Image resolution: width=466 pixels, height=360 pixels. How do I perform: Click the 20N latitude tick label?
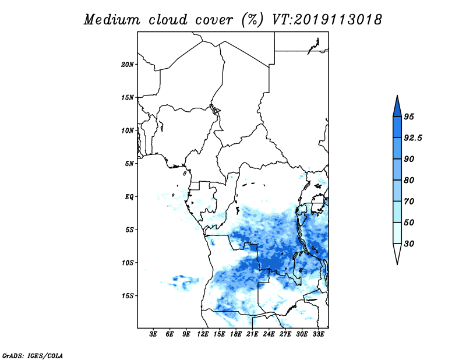coord(128,65)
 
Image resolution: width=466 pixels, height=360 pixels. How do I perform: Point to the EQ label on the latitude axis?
coord(129,197)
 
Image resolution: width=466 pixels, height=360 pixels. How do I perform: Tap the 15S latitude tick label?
coord(128,296)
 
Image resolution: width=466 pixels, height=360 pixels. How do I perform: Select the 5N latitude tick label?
coord(129,164)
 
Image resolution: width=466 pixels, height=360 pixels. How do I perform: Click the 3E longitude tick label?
coord(153,334)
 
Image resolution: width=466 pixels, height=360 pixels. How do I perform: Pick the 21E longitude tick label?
coord(252,334)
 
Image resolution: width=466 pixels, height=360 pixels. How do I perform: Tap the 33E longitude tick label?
coord(318,334)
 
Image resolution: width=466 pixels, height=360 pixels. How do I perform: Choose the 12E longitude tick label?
coord(203,334)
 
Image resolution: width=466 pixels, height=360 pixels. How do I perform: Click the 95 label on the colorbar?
coord(409,117)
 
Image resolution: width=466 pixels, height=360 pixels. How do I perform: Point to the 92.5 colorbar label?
coord(413,138)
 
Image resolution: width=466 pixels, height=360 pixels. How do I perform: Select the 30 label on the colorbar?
coord(409,243)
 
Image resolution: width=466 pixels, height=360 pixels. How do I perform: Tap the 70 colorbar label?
coord(409,201)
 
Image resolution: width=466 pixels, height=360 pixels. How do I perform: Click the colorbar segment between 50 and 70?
coord(397,212)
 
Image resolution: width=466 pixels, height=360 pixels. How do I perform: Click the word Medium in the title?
coord(112,20)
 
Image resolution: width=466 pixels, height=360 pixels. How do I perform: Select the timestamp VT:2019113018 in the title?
coord(327,20)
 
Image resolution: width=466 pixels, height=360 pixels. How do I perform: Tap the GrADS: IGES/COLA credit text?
coord(33,355)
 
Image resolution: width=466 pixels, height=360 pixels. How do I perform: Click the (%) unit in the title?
coord(252,20)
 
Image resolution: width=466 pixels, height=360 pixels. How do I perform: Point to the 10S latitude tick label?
coord(128,263)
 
